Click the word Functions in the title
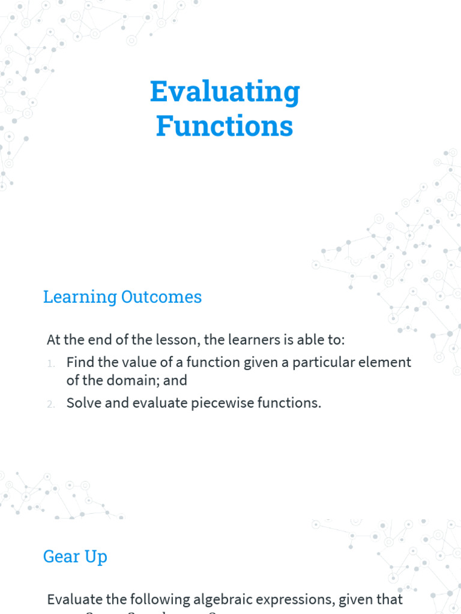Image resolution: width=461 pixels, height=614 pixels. (x=224, y=127)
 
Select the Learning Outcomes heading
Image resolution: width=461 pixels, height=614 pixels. (x=122, y=297)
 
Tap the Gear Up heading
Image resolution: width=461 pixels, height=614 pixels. (x=75, y=556)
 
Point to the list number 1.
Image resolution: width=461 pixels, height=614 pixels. (x=52, y=363)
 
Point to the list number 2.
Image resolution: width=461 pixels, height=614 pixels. (x=52, y=404)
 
